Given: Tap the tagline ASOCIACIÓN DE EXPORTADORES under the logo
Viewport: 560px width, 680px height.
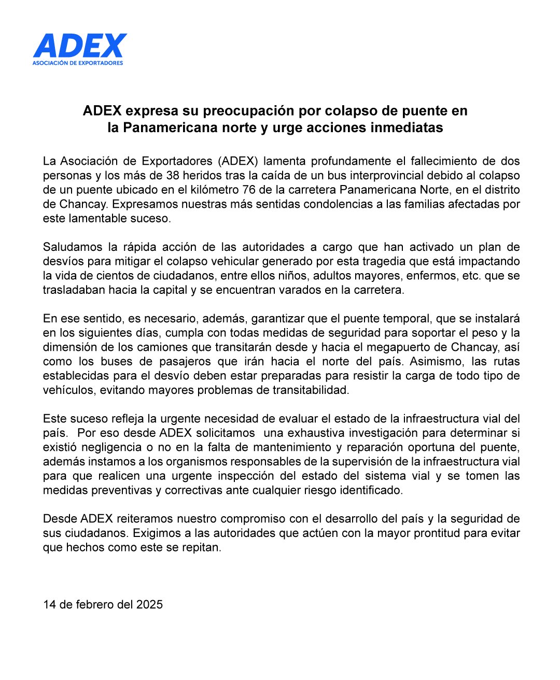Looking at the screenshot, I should (x=78, y=63).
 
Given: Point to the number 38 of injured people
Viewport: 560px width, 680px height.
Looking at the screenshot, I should (x=173, y=175).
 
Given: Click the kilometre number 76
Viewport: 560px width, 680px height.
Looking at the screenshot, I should (x=249, y=190).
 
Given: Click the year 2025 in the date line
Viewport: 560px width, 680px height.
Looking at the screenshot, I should (x=149, y=604).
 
